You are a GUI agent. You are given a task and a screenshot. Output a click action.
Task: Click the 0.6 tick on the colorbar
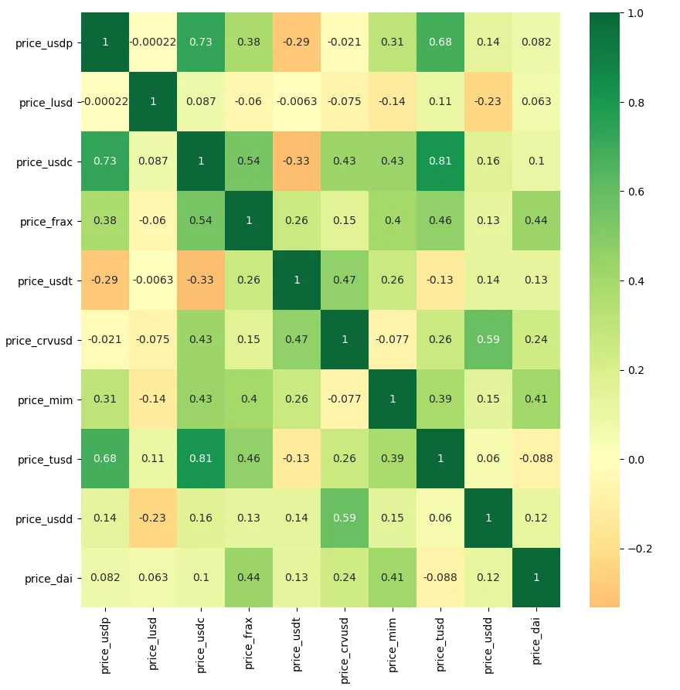pyautogui.click(x=635, y=191)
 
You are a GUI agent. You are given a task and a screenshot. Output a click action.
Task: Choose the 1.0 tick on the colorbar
pyautogui.click(x=635, y=12)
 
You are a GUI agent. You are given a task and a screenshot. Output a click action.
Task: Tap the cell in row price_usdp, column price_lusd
pyautogui.click(x=153, y=42)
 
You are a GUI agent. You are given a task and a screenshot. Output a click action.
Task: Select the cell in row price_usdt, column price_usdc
pyautogui.click(x=201, y=280)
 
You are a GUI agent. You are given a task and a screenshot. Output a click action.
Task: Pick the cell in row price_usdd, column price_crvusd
pyautogui.click(x=345, y=518)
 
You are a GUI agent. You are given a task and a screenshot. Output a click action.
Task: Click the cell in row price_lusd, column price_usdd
pyautogui.click(x=488, y=102)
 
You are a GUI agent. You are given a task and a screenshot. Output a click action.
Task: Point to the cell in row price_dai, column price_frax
pyautogui.click(x=249, y=578)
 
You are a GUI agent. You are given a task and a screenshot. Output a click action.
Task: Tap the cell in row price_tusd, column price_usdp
pyautogui.click(x=105, y=459)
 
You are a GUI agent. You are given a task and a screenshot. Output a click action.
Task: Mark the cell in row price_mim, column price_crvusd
pyautogui.click(x=345, y=399)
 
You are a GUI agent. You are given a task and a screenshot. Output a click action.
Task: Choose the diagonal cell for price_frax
pyautogui.click(x=249, y=221)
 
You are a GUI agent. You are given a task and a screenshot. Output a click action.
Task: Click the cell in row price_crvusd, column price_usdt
pyautogui.click(x=297, y=340)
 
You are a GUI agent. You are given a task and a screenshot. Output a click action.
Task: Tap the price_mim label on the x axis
pyautogui.click(x=393, y=641)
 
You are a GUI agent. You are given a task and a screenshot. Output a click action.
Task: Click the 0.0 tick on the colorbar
pyautogui.click(x=635, y=459)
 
